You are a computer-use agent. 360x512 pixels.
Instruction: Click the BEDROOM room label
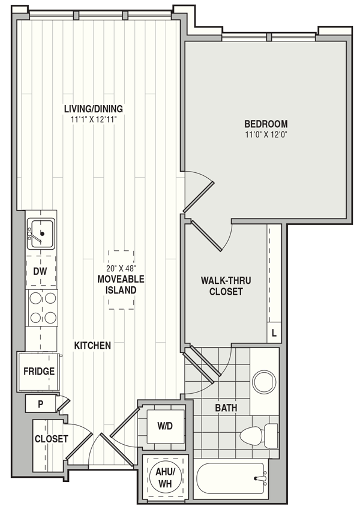pos(266,124)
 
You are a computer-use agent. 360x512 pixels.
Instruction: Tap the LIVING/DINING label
pos(94,109)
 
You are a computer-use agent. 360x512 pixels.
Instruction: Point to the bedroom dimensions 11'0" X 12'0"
pos(266,134)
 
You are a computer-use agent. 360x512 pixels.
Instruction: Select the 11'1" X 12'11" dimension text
pos(94,119)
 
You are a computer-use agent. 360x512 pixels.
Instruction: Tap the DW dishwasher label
pos(40,271)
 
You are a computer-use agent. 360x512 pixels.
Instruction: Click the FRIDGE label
pos(39,372)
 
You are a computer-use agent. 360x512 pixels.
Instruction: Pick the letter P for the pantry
pos(40,404)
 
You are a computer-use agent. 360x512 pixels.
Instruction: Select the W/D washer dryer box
pos(165,426)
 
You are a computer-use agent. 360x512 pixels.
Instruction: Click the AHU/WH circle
pos(165,478)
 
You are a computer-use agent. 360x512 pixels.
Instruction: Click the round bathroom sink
pos(264,382)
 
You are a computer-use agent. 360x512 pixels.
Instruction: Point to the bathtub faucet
pos(261,479)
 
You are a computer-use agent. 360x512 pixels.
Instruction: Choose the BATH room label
pos(226,408)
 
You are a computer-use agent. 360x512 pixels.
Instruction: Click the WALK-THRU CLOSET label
pos(226,286)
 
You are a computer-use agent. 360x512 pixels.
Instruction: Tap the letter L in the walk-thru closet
pos(274,333)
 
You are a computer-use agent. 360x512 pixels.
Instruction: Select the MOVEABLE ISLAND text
pos(121,285)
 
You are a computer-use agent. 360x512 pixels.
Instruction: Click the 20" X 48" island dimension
pos(121,268)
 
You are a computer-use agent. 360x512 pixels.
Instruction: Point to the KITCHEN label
pos(92,345)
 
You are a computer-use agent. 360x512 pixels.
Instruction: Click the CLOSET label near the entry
pos(51,439)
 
